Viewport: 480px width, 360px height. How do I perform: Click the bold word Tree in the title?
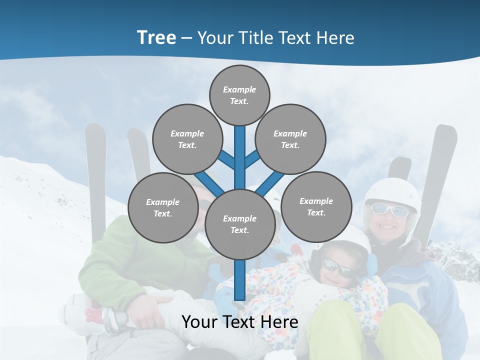pyautogui.click(x=156, y=38)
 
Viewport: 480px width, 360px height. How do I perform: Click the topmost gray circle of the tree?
pyautogui.click(x=239, y=95)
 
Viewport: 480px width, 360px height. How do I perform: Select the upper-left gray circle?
pyautogui.click(x=187, y=139)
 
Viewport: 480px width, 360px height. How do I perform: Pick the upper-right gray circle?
pyautogui.click(x=290, y=139)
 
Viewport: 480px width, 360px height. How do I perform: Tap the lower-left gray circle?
pyautogui.click(x=162, y=207)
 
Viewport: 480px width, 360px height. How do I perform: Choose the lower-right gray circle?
pyautogui.click(x=316, y=206)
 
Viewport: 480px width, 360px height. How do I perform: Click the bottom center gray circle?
pyautogui.click(x=239, y=224)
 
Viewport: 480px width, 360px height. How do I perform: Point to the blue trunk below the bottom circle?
pyautogui.click(x=239, y=280)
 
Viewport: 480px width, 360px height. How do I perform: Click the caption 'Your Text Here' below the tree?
pyautogui.click(x=239, y=322)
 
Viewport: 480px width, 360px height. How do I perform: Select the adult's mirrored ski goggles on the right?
pyautogui.click(x=390, y=210)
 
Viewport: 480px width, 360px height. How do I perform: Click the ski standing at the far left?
pyautogui.click(x=95, y=170)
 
